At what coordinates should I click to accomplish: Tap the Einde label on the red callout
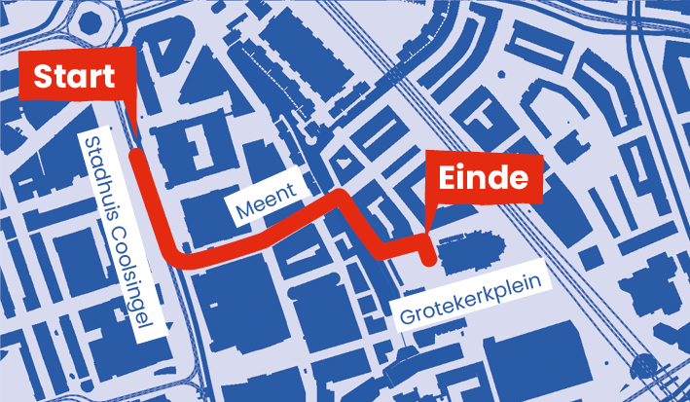(x=484, y=178)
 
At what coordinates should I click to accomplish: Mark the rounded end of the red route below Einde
(x=428, y=259)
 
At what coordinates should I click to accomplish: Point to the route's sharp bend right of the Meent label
(x=342, y=198)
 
